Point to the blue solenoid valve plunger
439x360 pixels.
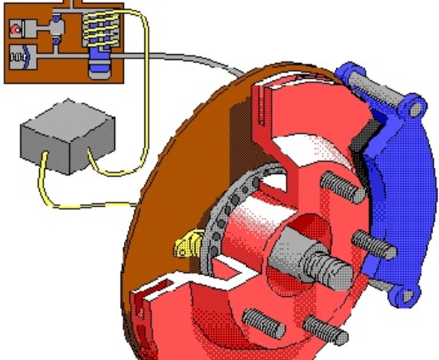click(100, 64)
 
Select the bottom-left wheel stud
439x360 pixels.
click(263, 324)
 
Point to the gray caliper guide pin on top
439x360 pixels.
click(375, 86)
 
